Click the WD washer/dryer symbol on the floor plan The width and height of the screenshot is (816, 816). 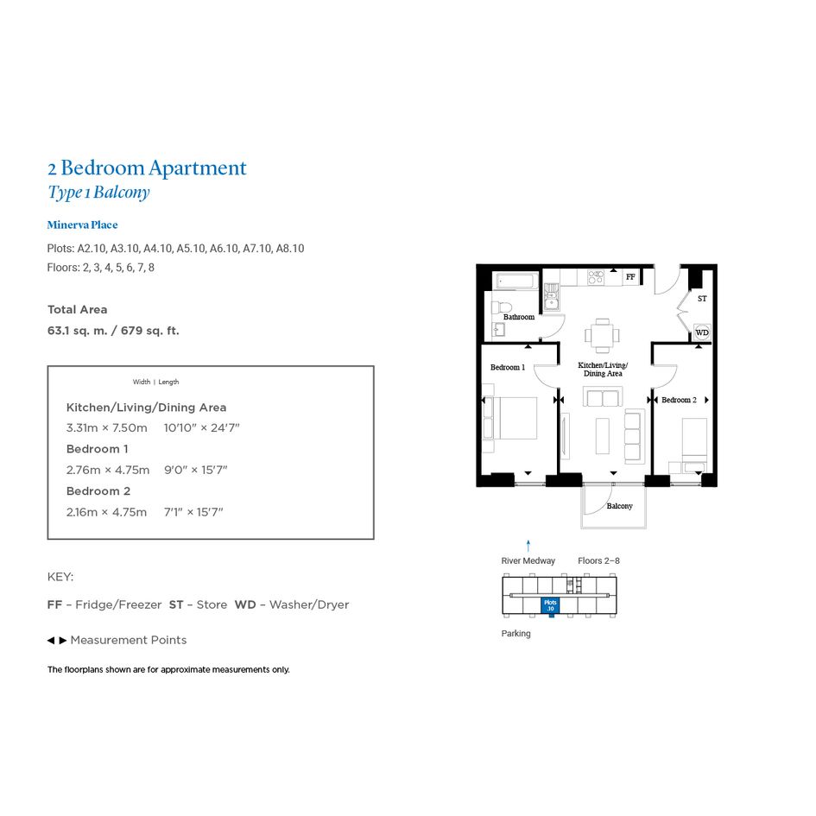[701, 332]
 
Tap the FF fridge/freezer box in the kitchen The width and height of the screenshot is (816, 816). [630, 277]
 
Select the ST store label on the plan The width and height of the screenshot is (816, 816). [702, 299]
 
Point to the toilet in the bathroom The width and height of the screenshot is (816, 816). [501, 307]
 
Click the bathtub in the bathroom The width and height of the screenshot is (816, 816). [516, 281]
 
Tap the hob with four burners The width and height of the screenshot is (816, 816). [596, 277]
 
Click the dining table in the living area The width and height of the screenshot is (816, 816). [602, 335]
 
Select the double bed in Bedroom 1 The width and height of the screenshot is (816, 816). [509, 418]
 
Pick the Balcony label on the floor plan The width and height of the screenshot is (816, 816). [619, 506]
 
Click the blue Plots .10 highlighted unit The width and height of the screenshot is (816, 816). [550, 605]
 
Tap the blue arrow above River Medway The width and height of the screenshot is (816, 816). [528, 546]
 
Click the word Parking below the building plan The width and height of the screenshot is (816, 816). [516, 633]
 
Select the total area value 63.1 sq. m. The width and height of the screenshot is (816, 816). [77, 331]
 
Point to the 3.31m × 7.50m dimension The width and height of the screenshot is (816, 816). [107, 427]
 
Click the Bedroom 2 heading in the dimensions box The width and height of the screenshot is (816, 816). [98, 490]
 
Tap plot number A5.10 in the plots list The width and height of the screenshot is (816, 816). [191, 249]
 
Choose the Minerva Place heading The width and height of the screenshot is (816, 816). [82, 225]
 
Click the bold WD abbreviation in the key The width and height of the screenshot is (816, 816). [245, 604]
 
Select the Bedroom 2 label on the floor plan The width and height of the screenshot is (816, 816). [679, 400]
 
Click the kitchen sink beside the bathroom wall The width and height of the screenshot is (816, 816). [551, 297]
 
